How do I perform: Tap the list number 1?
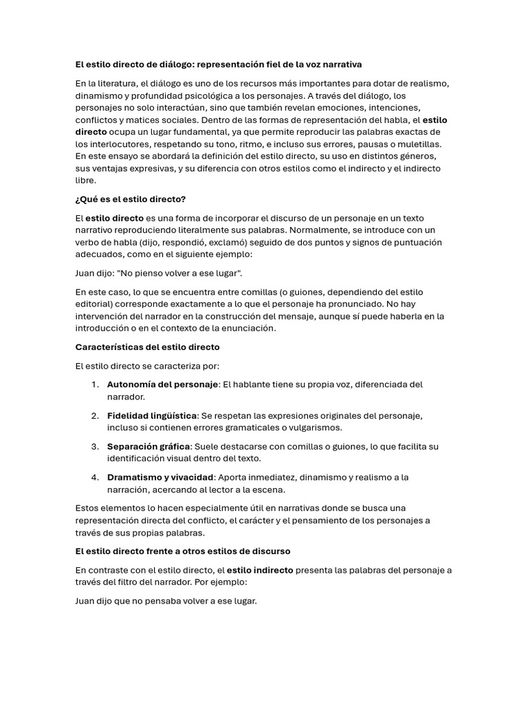pos(96,384)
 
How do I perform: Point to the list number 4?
pos(96,477)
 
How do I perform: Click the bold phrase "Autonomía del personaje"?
pos(162,384)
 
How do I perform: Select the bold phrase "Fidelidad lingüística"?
pos(152,415)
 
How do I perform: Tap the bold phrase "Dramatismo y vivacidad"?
pos(160,477)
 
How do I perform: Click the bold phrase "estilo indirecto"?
pos(260,570)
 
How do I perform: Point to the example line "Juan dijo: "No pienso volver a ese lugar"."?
pos(159,273)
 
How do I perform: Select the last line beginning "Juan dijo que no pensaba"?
pos(166,601)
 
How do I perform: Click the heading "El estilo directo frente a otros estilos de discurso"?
pos(183,551)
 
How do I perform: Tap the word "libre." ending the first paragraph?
pos(86,181)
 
